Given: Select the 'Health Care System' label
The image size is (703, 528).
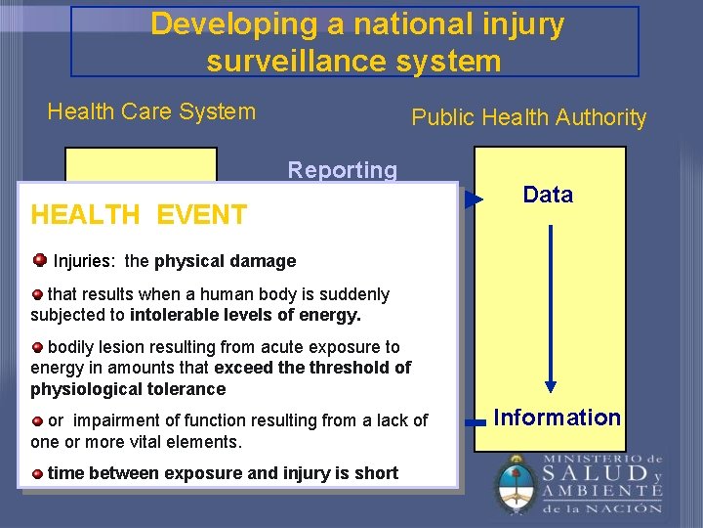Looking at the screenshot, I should [151, 111].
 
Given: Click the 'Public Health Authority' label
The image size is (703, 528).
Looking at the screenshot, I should [528, 117].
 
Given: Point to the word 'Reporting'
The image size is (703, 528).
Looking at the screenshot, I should [342, 170].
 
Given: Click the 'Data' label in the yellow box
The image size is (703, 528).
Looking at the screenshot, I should [548, 195].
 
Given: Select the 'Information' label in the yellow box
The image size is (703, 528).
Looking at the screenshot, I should [557, 418].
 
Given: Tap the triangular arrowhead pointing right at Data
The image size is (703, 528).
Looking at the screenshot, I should [474, 200].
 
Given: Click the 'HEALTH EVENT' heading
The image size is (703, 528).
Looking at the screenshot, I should [139, 215].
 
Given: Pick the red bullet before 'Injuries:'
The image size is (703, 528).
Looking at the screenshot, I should [40, 260].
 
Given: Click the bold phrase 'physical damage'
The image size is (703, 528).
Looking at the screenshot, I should [225, 261].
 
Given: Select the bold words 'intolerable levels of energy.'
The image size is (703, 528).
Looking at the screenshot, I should [245, 315].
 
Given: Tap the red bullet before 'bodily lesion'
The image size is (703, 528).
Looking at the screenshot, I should [37, 347].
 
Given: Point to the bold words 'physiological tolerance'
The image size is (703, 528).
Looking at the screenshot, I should [128, 389].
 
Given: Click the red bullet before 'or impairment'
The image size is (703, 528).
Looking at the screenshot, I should [37, 420].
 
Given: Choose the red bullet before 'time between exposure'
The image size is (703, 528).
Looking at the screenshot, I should [37, 473].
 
